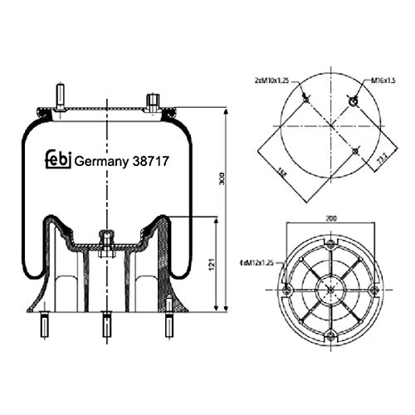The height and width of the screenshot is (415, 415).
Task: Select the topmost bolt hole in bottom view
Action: pos(330,245)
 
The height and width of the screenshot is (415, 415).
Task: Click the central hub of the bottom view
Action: pos(330,290)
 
